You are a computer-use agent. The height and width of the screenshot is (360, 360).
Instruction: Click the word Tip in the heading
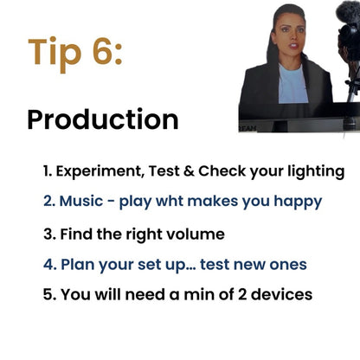[55, 54]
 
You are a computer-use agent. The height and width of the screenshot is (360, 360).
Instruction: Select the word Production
[103, 119]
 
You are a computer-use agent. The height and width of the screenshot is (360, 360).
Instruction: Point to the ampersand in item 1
[189, 171]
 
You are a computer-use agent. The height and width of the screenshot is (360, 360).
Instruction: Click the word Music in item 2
[81, 201]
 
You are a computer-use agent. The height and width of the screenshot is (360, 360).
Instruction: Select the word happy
[298, 202]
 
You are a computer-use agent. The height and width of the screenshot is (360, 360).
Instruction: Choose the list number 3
[49, 235]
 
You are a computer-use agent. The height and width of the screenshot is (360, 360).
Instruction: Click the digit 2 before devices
[242, 295]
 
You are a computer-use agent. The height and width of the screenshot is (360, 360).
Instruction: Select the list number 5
[49, 295]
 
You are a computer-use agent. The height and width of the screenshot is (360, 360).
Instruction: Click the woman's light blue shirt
[292, 85]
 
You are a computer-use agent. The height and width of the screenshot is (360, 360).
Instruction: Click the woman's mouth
[294, 46]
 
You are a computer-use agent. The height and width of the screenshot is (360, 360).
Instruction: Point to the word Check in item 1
[222, 171]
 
